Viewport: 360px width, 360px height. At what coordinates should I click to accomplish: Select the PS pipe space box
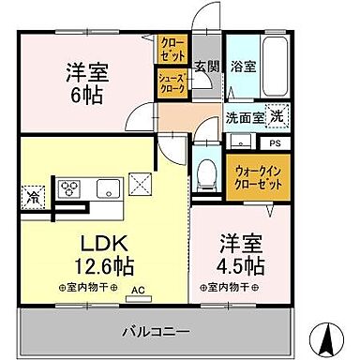tap(276, 142)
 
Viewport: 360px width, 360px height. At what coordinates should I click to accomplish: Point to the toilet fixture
tap(207, 173)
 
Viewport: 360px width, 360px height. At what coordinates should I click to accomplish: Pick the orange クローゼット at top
tap(172, 44)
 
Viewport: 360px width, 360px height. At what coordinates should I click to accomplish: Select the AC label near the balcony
tap(138, 292)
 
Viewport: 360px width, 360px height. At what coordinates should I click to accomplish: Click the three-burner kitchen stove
tap(70, 187)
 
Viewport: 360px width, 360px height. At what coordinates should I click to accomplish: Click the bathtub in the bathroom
tap(273, 66)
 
